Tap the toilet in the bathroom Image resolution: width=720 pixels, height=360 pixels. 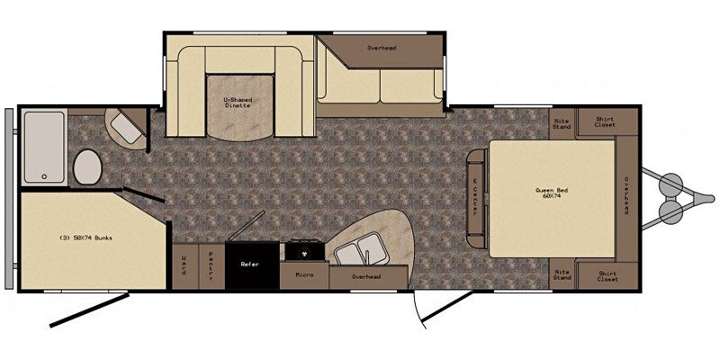pos(87,166)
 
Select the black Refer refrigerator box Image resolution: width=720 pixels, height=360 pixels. pos(250,265)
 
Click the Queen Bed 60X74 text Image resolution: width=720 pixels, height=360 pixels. pos(552,193)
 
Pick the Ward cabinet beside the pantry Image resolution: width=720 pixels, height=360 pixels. pos(184,266)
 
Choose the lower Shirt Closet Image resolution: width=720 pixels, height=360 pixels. pos(607,275)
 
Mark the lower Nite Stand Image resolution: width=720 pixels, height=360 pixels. pos(562,274)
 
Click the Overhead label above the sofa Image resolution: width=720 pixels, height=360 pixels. pos(382,48)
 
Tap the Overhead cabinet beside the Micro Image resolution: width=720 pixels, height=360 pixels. pos(366,277)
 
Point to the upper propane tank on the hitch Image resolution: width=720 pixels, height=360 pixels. pos(670,183)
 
